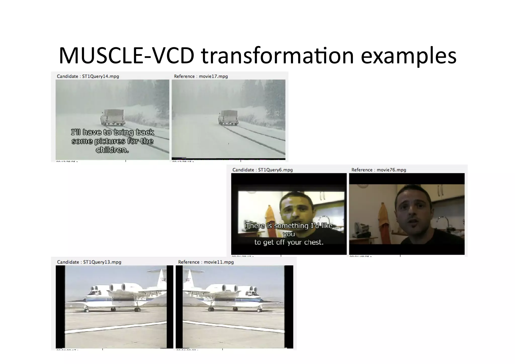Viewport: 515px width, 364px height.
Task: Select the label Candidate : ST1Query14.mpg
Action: tap(88, 76)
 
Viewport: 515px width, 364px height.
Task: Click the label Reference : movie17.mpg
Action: tap(201, 76)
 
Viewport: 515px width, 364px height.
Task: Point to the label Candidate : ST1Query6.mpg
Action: tap(263, 170)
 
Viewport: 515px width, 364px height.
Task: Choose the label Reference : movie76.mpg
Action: tap(379, 170)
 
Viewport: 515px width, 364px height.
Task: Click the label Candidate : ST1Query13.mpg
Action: tap(89, 262)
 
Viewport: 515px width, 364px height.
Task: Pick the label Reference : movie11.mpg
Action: tap(206, 262)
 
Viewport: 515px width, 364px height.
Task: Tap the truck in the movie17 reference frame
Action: tap(228, 117)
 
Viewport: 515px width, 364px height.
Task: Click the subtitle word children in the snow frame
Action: tap(112, 150)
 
